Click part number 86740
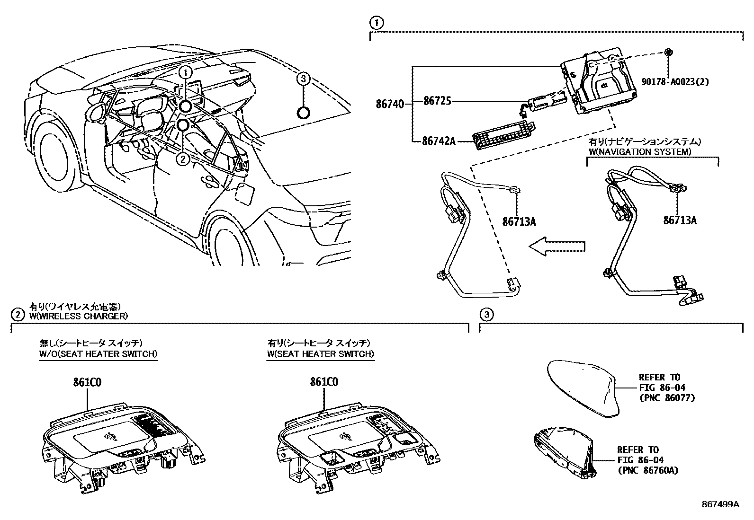pyautogui.click(x=390, y=103)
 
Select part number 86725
pyautogui.click(x=437, y=101)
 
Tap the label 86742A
pyautogui.click(x=439, y=141)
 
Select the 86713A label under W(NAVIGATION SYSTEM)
pyautogui.click(x=679, y=220)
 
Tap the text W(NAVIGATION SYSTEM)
pyautogui.click(x=640, y=151)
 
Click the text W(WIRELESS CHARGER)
pyautogui.click(x=78, y=316)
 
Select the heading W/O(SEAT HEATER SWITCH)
pyautogui.click(x=99, y=353)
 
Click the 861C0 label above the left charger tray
pyautogui.click(x=87, y=382)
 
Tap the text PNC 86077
pyautogui.click(x=667, y=398)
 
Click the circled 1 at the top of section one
pyautogui.click(x=376, y=22)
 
